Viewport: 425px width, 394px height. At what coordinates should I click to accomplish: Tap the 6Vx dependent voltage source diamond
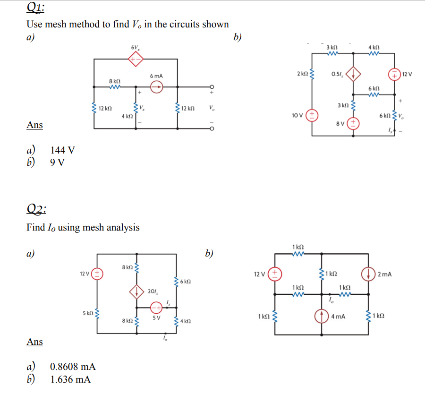click(136, 59)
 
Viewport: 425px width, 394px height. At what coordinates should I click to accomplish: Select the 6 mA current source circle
click(157, 86)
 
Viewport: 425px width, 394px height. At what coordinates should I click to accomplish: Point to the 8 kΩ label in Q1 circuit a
click(114, 81)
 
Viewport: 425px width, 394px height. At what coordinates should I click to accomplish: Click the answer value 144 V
click(62, 150)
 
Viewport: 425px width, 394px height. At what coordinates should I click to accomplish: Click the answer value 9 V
click(58, 163)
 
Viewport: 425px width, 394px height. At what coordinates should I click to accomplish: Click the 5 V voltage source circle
click(156, 308)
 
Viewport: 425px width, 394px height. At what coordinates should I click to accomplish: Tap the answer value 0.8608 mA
click(73, 367)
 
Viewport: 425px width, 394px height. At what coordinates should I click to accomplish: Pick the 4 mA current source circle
click(322, 316)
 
